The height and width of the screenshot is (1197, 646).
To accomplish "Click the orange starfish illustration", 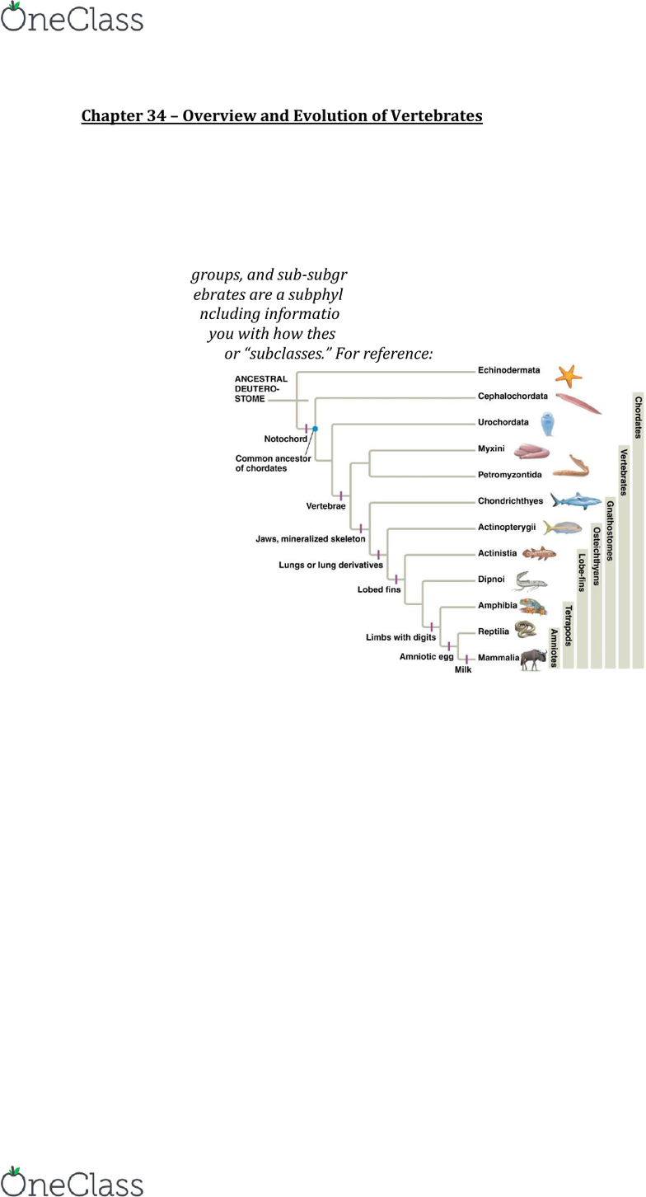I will (x=568, y=375).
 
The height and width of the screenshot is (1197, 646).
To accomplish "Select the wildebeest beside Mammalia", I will (x=534, y=658).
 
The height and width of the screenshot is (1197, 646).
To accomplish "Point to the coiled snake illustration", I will (x=525, y=631).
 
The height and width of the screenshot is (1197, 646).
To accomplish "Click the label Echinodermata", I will (x=509, y=371).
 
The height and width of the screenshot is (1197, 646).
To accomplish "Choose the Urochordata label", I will (x=503, y=422).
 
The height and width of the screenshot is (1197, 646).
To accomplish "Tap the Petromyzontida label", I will (x=509, y=475).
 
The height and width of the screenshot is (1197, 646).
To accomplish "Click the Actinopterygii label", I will (x=507, y=527).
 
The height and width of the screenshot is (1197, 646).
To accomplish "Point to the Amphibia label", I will (x=498, y=605).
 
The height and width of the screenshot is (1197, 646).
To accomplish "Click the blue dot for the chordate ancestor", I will (x=315, y=429).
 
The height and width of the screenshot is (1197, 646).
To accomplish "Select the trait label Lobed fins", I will (x=379, y=589).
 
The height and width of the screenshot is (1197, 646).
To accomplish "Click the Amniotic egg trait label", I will (x=427, y=656).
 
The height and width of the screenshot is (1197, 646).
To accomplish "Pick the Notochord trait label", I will (x=285, y=439).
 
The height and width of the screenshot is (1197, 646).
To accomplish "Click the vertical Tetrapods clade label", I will (x=568, y=625).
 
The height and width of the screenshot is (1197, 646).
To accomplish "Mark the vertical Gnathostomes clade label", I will (x=610, y=530).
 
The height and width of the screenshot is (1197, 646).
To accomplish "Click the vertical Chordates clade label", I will (x=638, y=417).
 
